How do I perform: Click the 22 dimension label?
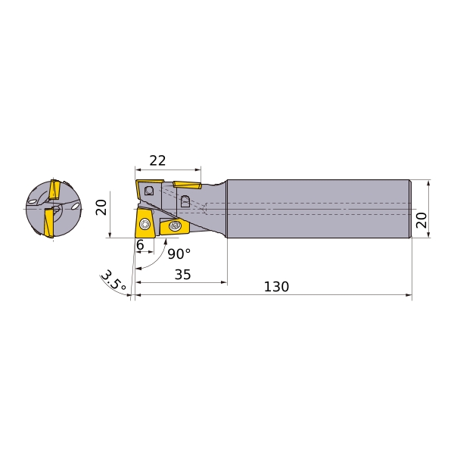click(157, 160)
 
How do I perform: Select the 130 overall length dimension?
click(276, 288)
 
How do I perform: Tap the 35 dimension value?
click(182, 274)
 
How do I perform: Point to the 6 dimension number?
click(140, 246)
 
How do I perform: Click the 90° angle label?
click(179, 254)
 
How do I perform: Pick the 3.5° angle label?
click(113, 283)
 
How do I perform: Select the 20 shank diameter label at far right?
click(421, 220)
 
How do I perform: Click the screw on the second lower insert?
click(175, 225)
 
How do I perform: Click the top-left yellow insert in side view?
click(147, 188)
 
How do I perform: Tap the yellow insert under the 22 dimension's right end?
click(186, 183)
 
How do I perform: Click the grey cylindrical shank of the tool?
click(318, 208)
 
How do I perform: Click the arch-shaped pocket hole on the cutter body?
click(185, 201)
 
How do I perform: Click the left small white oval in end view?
click(33, 201)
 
